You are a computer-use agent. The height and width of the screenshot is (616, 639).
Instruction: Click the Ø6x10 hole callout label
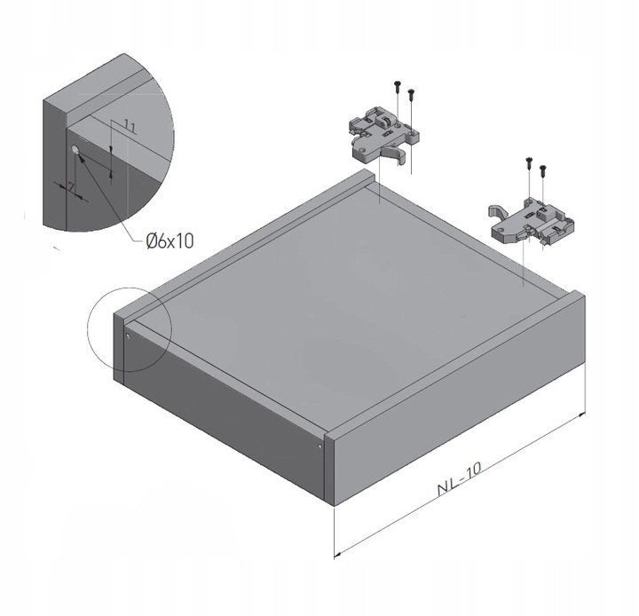coord(170,241)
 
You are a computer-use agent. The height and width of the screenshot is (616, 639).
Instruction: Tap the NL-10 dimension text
coord(460,478)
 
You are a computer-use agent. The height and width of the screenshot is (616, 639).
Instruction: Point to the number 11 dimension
coord(130,126)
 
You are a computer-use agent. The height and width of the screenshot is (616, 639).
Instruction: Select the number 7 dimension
coord(71,187)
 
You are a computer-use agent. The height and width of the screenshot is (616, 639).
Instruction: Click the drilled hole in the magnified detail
coord(75,150)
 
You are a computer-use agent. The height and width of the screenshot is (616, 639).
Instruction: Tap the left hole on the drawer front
coord(128,336)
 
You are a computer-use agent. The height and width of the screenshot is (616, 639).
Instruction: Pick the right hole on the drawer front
coord(319,446)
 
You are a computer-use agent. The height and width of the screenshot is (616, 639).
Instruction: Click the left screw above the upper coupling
coord(398,86)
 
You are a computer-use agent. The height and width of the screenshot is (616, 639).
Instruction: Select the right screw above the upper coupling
coord(411,95)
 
